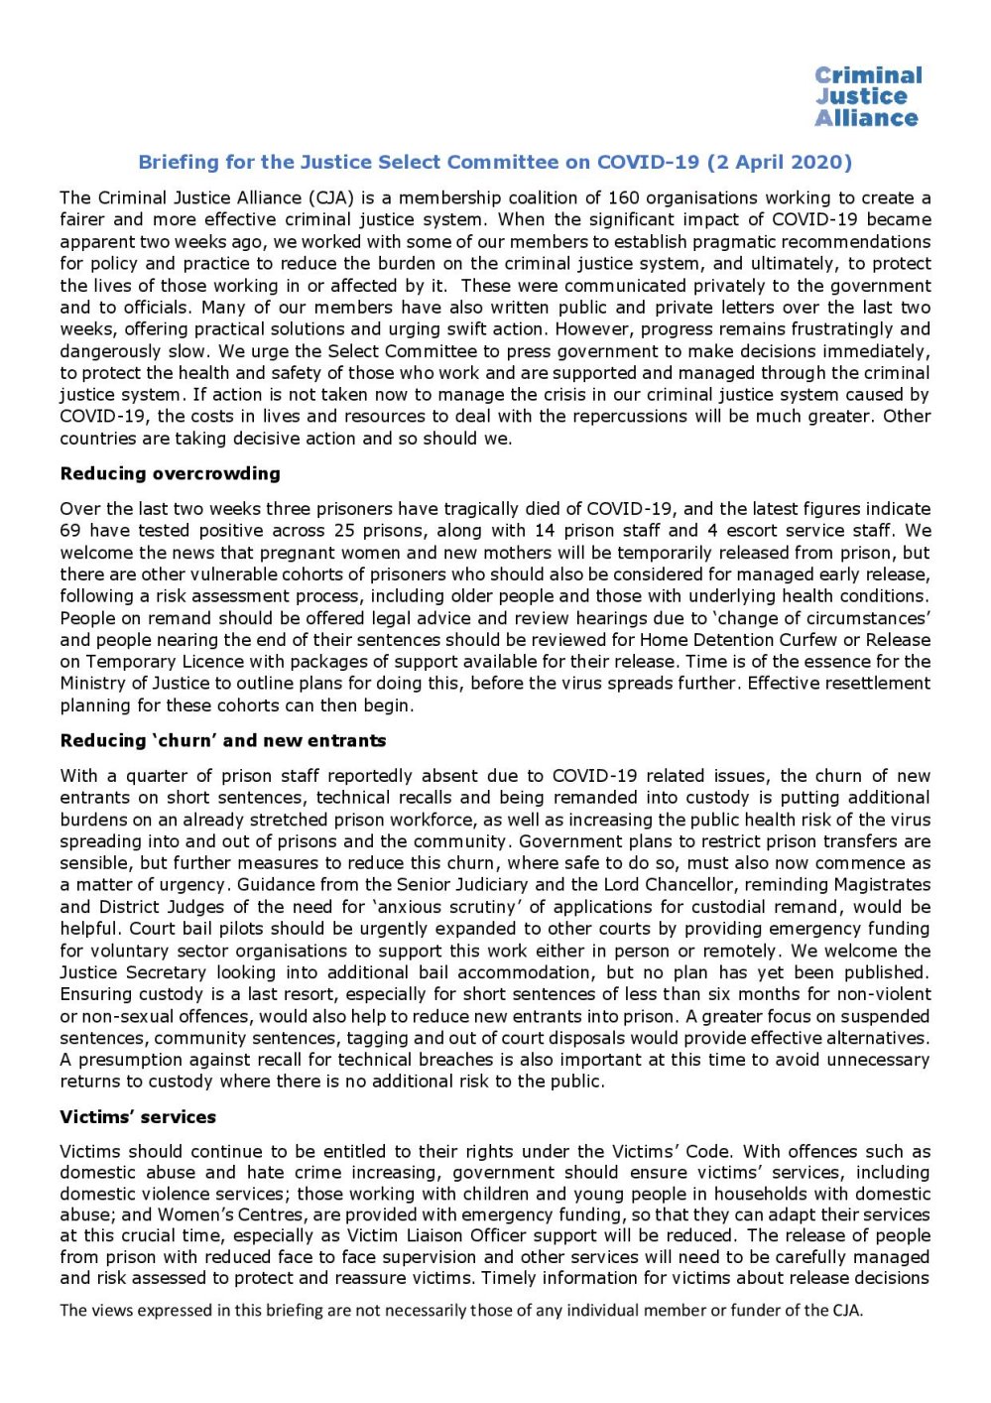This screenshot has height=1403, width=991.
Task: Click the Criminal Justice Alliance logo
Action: coord(866,96)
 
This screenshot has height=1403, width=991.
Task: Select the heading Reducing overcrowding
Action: coord(170,473)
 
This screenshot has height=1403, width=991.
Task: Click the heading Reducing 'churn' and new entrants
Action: coord(223,740)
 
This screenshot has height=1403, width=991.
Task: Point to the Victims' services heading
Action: coord(138,1116)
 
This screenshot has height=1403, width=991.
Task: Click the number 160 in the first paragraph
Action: coord(624,197)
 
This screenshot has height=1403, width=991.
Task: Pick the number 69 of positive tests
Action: coord(70,530)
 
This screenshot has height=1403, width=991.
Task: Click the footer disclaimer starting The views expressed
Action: coord(461,1310)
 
